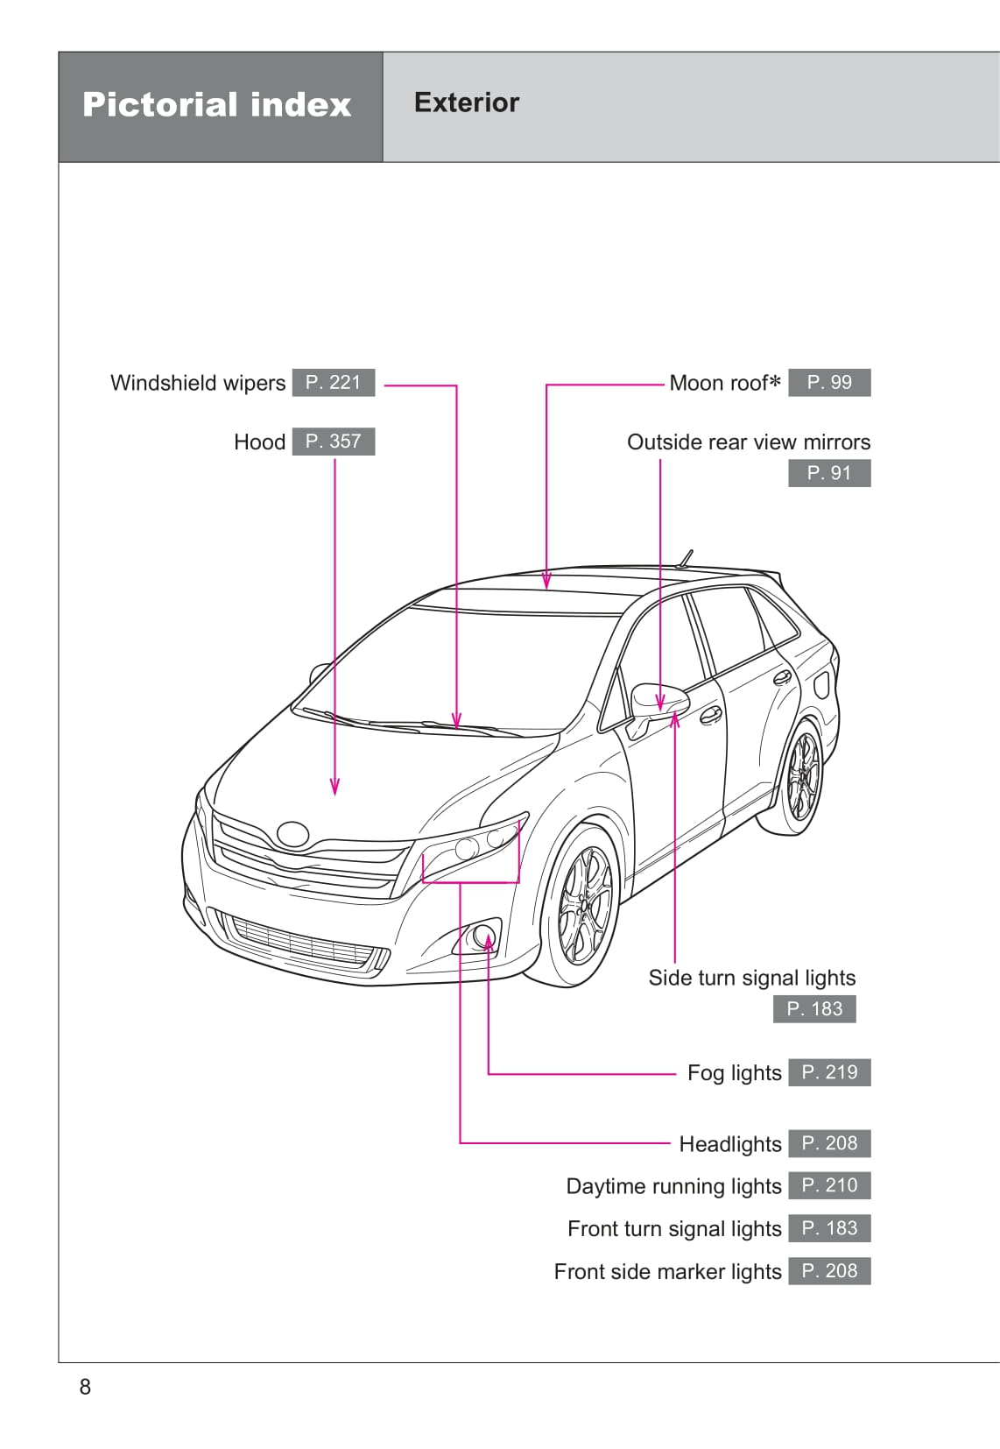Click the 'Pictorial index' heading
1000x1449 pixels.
click(x=216, y=105)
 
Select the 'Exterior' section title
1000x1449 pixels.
click(x=466, y=102)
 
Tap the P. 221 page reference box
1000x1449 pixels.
click(x=333, y=383)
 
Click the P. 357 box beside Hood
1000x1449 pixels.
click(x=333, y=442)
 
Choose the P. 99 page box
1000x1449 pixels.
click(x=828, y=383)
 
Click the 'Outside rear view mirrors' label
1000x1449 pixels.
click(x=748, y=442)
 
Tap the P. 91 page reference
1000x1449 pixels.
click(x=828, y=473)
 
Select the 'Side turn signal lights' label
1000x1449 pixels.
click(x=751, y=978)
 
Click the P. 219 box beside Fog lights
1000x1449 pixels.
click(x=828, y=1072)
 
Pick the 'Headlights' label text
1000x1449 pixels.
click(x=729, y=1144)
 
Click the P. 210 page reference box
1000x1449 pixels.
click(x=828, y=1186)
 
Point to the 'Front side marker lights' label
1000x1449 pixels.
click(x=667, y=1271)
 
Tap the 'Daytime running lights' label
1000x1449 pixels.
click(x=673, y=1186)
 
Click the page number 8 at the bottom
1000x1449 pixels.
click(x=85, y=1386)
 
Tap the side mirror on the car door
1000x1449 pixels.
click(x=658, y=698)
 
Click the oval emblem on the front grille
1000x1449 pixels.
click(x=292, y=833)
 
